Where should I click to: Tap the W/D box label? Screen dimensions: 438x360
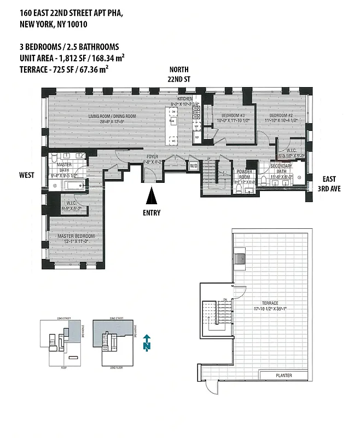[193, 166]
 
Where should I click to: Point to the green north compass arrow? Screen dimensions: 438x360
[146, 343]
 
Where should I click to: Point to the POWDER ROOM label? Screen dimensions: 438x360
[243, 174]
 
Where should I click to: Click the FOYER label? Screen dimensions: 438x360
[152, 157]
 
